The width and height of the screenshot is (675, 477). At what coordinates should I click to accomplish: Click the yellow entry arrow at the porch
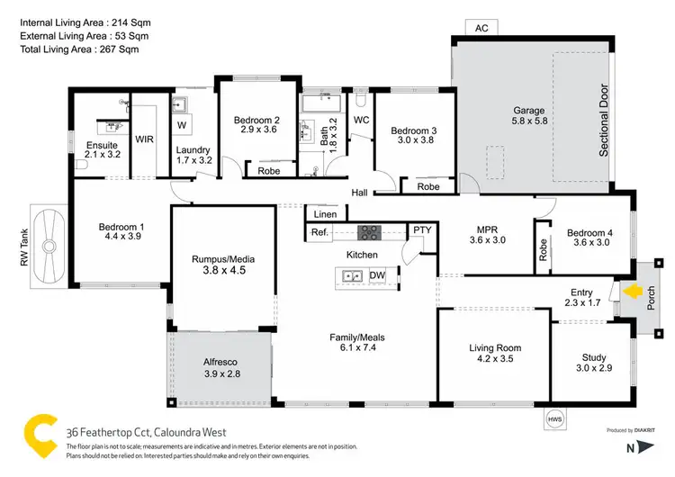click(x=634, y=292)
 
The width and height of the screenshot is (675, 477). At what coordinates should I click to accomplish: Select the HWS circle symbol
click(x=556, y=419)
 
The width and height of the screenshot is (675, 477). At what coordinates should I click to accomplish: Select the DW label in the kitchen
click(x=377, y=275)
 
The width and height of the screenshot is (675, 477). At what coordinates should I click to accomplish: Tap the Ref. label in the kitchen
click(x=319, y=232)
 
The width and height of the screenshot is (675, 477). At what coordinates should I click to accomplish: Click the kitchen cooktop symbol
click(x=370, y=232)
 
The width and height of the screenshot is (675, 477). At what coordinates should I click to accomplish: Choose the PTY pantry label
click(x=421, y=231)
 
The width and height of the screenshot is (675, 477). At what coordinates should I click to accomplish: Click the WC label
click(x=361, y=120)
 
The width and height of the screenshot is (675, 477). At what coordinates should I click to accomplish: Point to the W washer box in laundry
click(x=182, y=125)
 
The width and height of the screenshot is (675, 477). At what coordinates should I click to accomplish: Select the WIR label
click(x=144, y=139)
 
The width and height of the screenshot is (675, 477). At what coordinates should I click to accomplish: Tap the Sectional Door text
click(x=604, y=121)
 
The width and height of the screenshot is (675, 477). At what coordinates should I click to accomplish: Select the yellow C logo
click(x=40, y=434)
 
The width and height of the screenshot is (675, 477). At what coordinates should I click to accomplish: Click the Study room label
click(x=592, y=357)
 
